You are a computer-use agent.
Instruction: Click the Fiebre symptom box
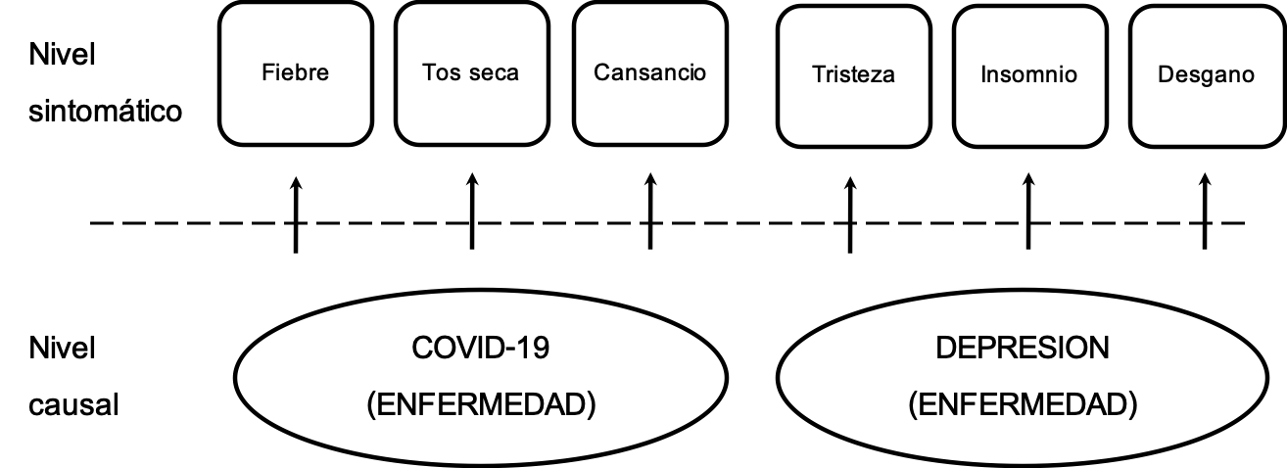[x=295, y=72]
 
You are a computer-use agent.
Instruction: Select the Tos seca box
[x=471, y=72]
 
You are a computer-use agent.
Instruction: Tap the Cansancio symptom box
[x=649, y=72]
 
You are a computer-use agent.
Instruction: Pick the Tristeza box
[x=853, y=74]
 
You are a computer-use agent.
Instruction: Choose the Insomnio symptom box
[x=1028, y=74]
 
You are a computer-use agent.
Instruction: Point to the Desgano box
[x=1205, y=74]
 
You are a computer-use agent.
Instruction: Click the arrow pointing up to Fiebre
[x=295, y=215]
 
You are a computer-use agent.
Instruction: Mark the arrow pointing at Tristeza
[x=849, y=215]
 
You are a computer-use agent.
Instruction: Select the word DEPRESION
[x=1023, y=350]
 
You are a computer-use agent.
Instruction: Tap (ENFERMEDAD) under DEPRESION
[x=1023, y=403]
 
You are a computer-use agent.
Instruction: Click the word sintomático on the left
[x=106, y=111]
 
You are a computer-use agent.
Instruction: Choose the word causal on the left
[x=74, y=403]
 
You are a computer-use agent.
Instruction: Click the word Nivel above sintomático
[x=62, y=56]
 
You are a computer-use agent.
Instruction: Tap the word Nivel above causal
[x=62, y=349]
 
